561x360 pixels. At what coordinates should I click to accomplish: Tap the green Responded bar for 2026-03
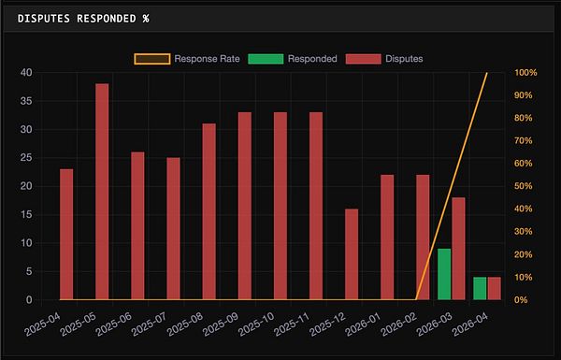444,274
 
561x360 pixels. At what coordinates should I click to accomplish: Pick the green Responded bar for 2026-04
480,288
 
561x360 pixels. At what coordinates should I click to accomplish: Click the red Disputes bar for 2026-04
494,288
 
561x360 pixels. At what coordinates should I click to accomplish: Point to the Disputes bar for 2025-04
66,234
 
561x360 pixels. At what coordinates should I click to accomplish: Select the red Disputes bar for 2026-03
458,249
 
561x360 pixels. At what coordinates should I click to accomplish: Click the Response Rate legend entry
186,58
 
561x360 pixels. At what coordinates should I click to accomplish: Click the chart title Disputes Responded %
84,17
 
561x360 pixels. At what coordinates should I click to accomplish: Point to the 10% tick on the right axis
525,277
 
